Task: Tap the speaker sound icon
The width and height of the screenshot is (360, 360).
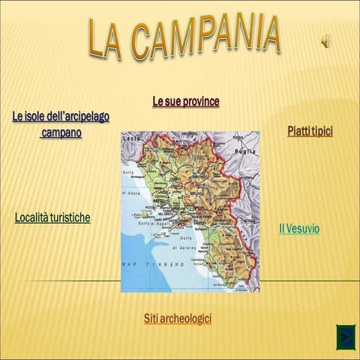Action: [x=326, y=42]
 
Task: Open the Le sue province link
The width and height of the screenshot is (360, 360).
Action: [x=185, y=101]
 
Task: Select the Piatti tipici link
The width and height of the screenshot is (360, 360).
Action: [x=310, y=131]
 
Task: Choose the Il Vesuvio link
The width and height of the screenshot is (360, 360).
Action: [x=298, y=228]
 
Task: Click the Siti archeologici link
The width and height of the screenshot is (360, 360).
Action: [x=178, y=319]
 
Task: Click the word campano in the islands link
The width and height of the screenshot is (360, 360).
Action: [x=61, y=133]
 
